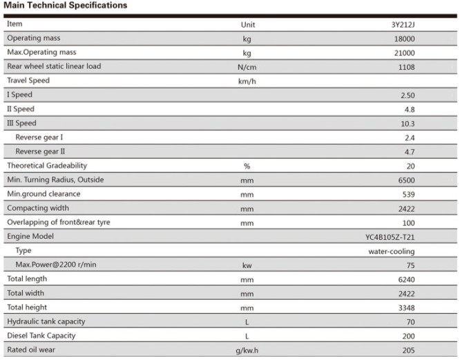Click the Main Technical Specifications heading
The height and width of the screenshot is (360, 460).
coord(65,6)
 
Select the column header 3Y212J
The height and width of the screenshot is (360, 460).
coord(403,25)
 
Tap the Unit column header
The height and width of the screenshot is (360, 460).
coord(248,25)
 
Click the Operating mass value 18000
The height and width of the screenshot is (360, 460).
coord(404,39)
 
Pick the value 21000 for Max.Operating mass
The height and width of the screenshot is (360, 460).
coord(404,53)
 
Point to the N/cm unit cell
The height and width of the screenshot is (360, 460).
coord(247,67)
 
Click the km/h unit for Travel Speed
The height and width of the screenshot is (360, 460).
coord(247,82)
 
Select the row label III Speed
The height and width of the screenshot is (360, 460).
coord(21,123)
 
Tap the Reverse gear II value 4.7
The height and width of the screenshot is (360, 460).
coord(410,152)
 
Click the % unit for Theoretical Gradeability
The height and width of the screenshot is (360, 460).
coord(247,166)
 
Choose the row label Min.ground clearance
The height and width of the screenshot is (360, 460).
coord(44,193)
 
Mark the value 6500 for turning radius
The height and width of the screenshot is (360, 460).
coord(406,180)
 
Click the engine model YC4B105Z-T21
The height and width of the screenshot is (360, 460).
coord(390,237)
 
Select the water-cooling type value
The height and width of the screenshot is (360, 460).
coord(392,252)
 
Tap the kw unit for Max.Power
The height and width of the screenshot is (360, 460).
coord(247,265)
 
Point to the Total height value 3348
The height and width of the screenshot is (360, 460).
coord(406,307)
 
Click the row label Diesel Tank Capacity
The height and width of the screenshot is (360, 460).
coord(41,335)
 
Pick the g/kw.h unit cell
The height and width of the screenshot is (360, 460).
coord(247,350)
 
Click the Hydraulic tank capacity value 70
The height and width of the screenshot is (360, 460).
coord(410,322)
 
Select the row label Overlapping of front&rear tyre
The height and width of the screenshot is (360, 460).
coord(59,222)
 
